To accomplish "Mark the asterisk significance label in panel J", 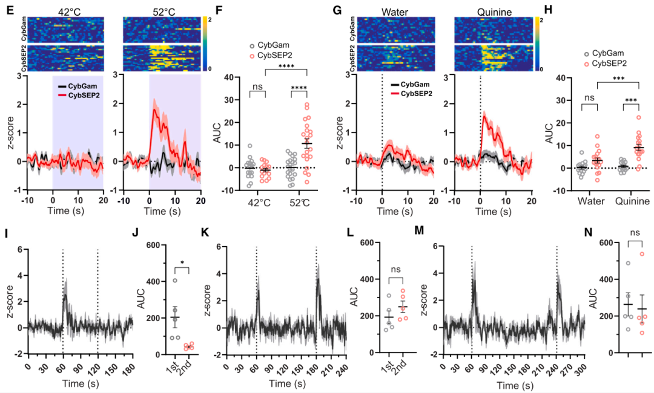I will (x=181, y=262).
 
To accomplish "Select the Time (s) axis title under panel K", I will (x=286, y=383).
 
